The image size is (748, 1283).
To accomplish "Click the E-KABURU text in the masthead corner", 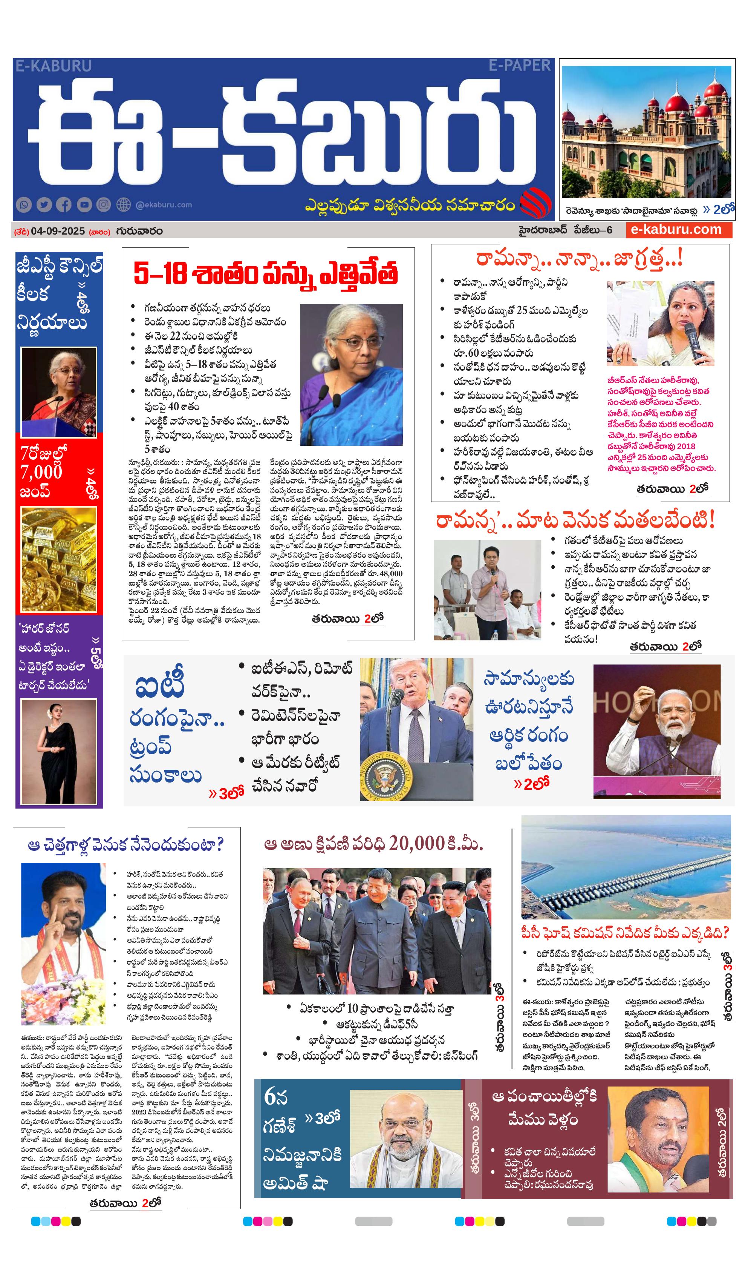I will (x=54, y=66).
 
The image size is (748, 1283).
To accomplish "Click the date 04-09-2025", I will (x=58, y=231).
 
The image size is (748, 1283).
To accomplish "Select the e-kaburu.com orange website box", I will (x=678, y=230).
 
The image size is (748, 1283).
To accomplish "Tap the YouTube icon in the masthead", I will (x=84, y=205).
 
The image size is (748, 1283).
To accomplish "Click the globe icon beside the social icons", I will (x=124, y=205).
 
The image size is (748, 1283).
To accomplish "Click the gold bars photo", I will (x=58, y=560).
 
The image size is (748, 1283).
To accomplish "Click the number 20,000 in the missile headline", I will (x=416, y=845).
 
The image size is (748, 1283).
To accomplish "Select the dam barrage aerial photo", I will (x=626, y=867).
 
